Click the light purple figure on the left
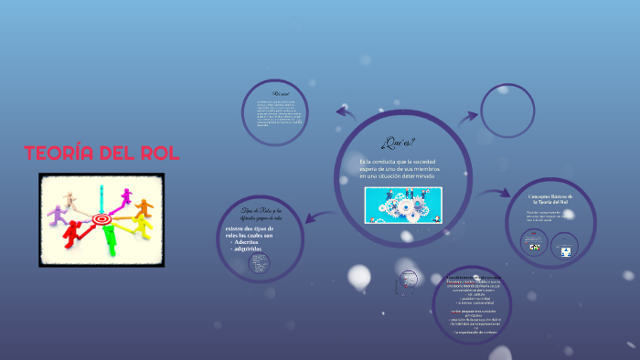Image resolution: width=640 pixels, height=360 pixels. pyautogui.click(x=59, y=216)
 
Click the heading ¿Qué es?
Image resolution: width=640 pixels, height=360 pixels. pyautogui.click(x=400, y=142)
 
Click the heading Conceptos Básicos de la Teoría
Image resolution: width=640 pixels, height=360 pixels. pyautogui.click(x=550, y=200)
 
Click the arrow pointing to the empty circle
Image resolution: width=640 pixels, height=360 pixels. pyautogui.click(x=467, y=116)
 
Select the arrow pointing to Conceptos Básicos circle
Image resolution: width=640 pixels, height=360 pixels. pyautogui.click(x=498, y=192)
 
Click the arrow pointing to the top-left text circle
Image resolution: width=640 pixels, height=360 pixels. pyautogui.click(x=346, y=112)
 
